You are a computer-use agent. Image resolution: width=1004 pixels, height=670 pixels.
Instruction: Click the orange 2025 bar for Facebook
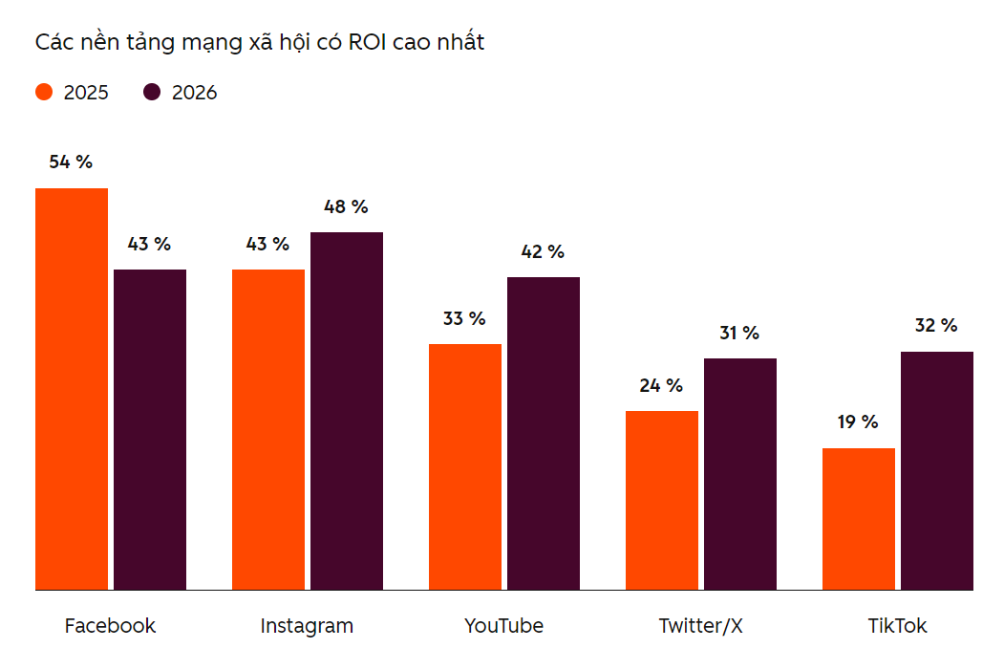tap(72, 389)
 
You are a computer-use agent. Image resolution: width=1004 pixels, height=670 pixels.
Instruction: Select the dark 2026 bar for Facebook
tap(150, 430)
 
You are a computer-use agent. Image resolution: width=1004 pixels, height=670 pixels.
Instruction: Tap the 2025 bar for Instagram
tap(268, 430)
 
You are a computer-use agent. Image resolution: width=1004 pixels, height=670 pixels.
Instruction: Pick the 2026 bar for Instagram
tap(347, 411)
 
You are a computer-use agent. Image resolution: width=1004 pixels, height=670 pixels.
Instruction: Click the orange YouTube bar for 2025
tap(465, 467)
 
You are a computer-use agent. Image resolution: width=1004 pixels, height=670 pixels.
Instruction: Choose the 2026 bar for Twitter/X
tap(740, 474)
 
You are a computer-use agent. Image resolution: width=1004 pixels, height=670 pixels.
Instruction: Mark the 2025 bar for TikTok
tap(859, 519)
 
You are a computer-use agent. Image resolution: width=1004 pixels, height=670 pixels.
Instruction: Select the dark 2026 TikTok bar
tap(937, 471)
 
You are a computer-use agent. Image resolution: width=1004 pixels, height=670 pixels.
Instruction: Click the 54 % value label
tap(71, 162)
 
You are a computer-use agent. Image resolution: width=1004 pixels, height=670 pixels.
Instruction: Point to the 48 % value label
tap(346, 206)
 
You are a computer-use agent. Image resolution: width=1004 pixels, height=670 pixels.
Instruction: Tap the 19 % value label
tap(858, 422)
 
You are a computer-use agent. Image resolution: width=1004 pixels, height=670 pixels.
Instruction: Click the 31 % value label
tap(739, 333)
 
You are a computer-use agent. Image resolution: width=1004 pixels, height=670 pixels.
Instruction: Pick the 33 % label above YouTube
tap(464, 318)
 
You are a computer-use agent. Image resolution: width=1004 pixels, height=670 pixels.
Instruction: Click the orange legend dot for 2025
tap(44, 93)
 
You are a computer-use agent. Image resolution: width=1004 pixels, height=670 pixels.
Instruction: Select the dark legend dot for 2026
tap(152, 93)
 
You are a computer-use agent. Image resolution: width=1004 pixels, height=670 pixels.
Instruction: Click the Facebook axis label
tap(110, 626)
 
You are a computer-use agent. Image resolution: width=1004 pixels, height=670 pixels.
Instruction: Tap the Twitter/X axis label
tap(700, 626)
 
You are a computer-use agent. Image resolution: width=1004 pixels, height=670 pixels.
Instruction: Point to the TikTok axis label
tap(897, 626)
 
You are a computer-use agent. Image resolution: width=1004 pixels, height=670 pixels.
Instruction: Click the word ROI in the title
tap(368, 42)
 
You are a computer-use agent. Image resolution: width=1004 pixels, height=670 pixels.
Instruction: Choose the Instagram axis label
tap(307, 626)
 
